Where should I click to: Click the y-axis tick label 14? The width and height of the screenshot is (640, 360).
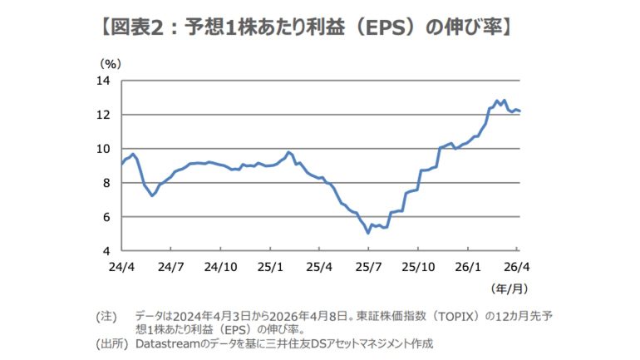[104, 81]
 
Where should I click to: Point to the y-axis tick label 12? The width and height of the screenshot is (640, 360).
[104, 115]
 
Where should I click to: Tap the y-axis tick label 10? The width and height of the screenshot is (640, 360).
[104, 149]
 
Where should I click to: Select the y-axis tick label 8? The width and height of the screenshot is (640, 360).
[107, 183]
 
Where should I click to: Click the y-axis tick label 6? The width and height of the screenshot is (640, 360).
[107, 217]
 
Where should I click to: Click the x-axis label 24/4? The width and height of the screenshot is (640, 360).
[121, 268]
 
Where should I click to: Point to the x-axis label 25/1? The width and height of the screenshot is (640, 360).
[270, 268]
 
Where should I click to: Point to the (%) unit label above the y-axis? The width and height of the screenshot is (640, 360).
[111, 63]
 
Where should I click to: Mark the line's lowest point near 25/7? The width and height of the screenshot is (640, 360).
[368, 233]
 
